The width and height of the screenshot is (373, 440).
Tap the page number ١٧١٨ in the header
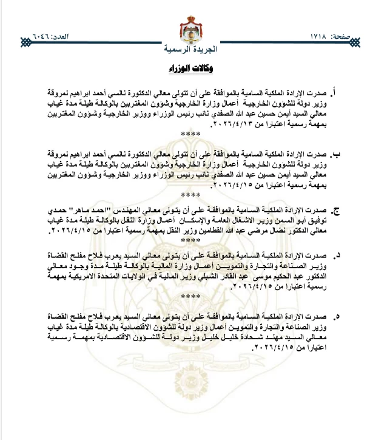point(324,37)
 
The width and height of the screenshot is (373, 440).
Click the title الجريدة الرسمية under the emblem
point(186,48)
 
